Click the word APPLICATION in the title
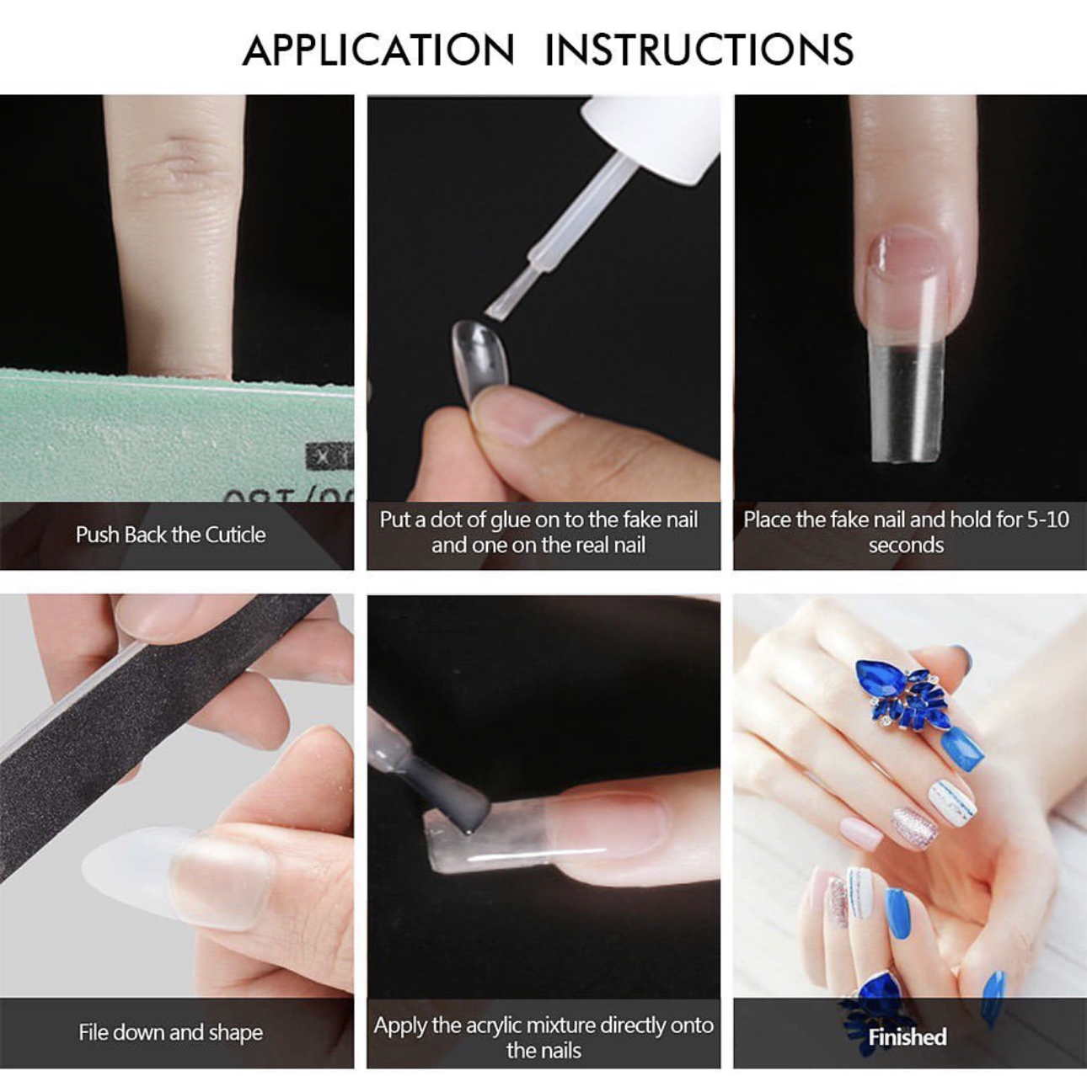click(x=378, y=50)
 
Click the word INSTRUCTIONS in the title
click(x=699, y=50)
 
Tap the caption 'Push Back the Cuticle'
click(x=170, y=535)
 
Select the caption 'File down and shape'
click(x=170, y=1032)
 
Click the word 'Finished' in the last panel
click(x=907, y=1036)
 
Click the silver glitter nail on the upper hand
click(x=915, y=828)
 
